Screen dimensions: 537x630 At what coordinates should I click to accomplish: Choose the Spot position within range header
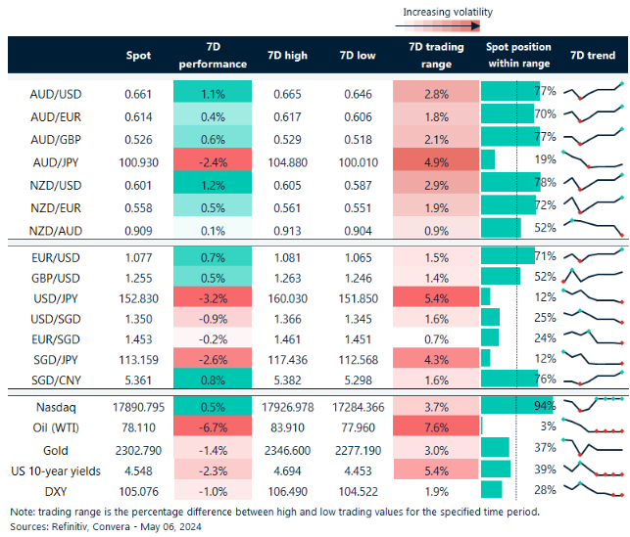click(518, 56)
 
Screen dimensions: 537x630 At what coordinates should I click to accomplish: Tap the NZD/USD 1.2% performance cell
click(213, 182)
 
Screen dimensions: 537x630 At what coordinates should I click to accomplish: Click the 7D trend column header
click(593, 56)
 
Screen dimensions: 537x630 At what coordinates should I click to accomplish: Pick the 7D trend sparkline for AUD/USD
click(594, 92)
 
